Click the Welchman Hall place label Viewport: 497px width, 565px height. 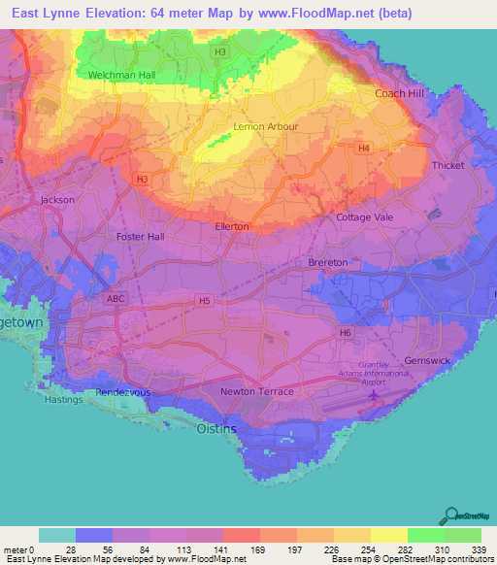(x=120, y=75)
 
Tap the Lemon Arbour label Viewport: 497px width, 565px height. (x=266, y=127)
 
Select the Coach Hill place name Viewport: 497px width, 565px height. (x=401, y=93)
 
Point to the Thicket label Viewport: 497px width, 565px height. (x=448, y=166)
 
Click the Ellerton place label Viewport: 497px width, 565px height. (x=232, y=226)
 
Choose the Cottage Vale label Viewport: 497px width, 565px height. (x=365, y=217)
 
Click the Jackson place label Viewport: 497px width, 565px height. (x=57, y=200)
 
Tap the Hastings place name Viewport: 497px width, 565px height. (x=65, y=399)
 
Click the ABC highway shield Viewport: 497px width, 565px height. (x=116, y=299)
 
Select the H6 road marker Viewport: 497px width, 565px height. (x=345, y=333)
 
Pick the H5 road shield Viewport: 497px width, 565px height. (x=205, y=301)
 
